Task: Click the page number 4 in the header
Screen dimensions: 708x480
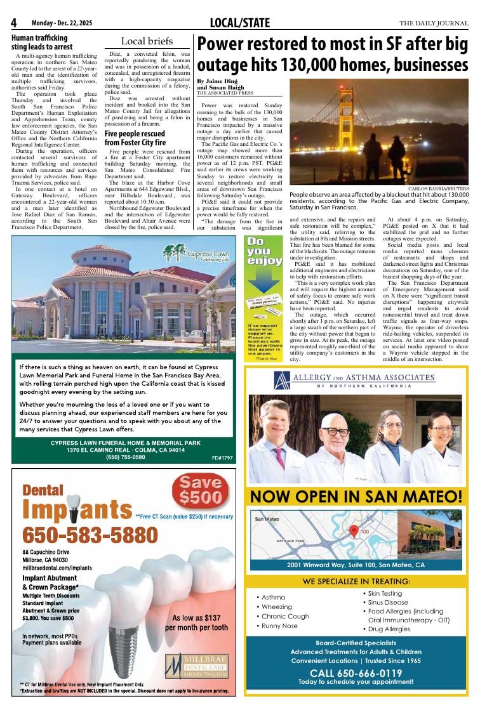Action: [x=14, y=23]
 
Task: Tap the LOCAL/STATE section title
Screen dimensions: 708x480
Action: [x=240, y=23]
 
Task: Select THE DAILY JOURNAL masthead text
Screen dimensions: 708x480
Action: [x=434, y=23]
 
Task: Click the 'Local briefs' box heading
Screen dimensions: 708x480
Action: [x=147, y=41]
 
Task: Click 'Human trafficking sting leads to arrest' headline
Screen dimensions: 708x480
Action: [x=42, y=42]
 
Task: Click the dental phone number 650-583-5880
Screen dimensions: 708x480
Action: [x=81, y=536]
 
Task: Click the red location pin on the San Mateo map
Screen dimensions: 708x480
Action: [x=354, y=530]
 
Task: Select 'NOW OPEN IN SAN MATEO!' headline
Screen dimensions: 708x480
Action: [x=356, y=495]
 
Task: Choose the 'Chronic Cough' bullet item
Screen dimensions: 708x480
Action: [x=285, y=616]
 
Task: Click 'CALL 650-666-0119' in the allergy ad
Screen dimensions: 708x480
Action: [x=356, y=673]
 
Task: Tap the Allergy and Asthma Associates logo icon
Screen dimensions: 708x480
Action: [x=282, y=381]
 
